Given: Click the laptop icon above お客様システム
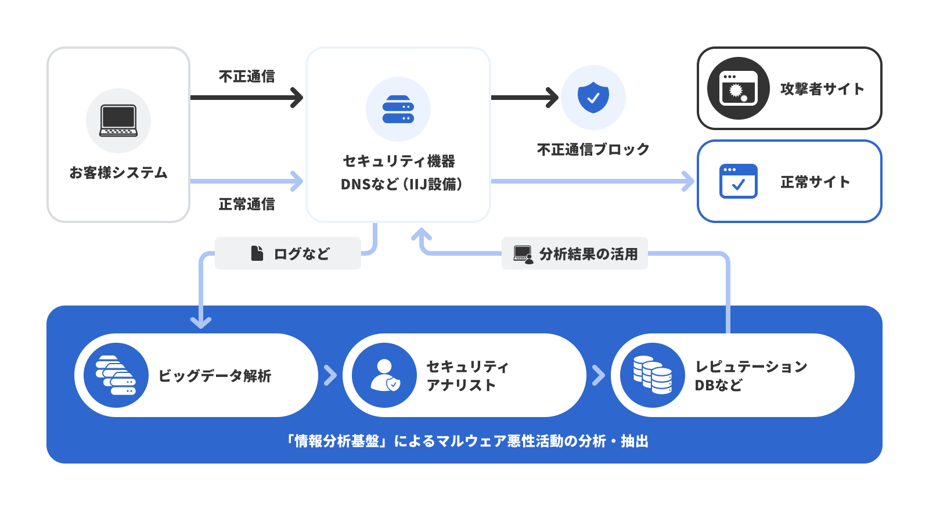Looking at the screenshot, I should point(118,121).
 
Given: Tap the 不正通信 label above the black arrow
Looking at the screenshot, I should point(247,76).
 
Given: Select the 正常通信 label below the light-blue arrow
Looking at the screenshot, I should point(247,204).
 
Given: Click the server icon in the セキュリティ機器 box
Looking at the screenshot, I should point(398,109).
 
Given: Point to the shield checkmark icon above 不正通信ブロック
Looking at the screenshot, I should point(593,97).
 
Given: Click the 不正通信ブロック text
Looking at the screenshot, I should point(593,149).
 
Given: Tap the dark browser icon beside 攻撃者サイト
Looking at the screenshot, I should point(738,88).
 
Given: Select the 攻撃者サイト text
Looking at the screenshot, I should point(822,89).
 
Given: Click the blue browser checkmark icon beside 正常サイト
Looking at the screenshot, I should point(738,181).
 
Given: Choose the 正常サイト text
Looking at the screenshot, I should point(815,182).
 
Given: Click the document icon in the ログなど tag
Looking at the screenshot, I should point(257,253).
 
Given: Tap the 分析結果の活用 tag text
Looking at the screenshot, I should point(588,254).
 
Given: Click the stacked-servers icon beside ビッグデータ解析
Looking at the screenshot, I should point(116,375).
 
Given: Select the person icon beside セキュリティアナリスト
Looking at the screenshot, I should point(384,375).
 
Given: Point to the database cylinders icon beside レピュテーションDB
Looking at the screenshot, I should point(653,375).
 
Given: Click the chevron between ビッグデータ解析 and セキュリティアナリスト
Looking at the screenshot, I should point(330,375).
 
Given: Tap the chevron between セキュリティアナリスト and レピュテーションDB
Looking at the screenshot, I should point(599,375).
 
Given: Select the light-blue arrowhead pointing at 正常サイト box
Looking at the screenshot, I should point(689,181).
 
